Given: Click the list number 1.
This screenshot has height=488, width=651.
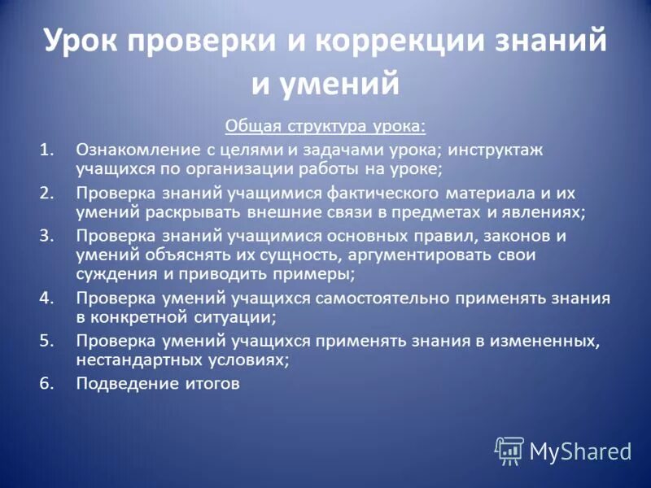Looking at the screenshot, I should tap(48, 150).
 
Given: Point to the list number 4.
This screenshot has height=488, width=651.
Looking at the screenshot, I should tap(48, 298).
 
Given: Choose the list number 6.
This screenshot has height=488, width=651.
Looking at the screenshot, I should tap(48, 383).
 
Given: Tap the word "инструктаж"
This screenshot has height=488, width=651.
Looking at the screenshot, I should tap(496, 150).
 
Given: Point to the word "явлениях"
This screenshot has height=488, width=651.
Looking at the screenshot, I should tap(548, 212).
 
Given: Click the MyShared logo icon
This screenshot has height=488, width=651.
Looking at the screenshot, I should tap(509, 451).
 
